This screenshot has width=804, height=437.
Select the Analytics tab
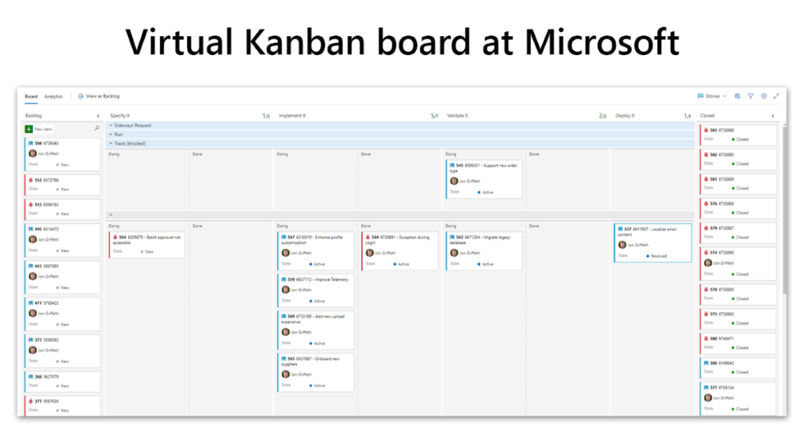(53, 97)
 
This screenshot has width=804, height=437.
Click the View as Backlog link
(102, 97)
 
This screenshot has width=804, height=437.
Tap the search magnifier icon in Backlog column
(97, 128)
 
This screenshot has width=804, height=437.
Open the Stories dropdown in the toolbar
(712, 97)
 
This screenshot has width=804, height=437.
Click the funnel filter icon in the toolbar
(751, 97)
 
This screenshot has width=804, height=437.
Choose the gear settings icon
(763, 97)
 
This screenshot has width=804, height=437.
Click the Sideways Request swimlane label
(133, 125)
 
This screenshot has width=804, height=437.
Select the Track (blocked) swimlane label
(131, 143)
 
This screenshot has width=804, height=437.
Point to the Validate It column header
(458, 116)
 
